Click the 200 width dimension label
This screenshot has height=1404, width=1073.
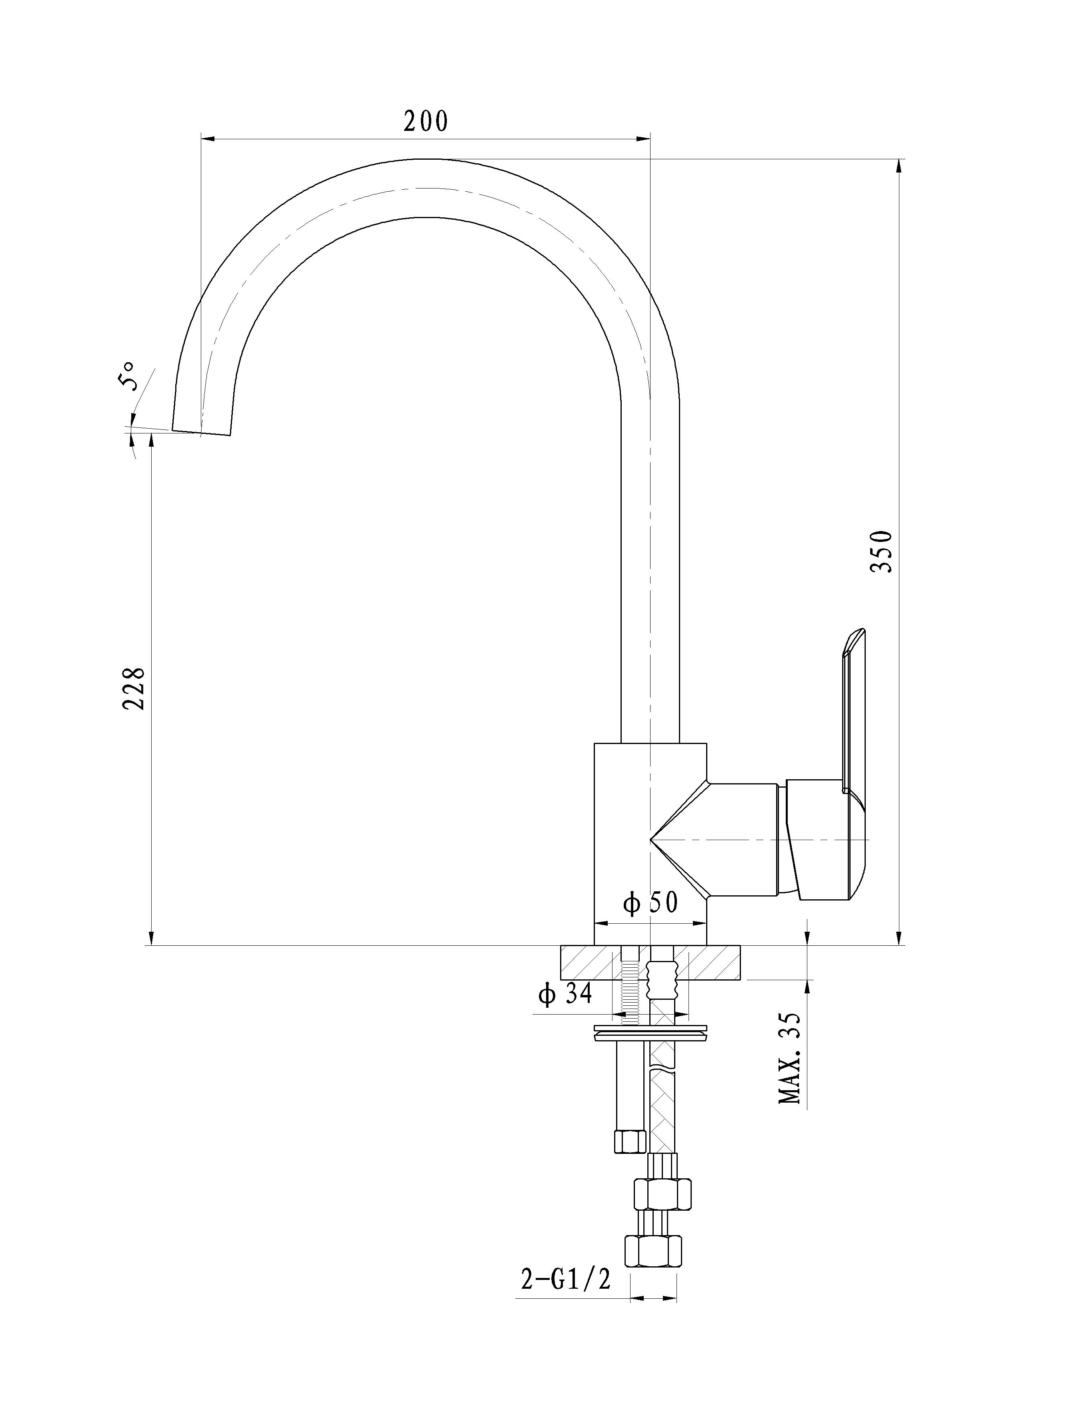click(426, 121)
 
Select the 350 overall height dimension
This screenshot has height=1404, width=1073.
click(883, 551)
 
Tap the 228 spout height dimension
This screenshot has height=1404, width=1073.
click(134, 688)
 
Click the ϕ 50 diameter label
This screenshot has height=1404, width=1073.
click(650, 903)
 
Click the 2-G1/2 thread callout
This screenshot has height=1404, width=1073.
click(566, 1279)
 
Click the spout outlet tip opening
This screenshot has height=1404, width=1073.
click(201, 432)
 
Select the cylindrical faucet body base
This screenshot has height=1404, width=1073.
click(650, 843)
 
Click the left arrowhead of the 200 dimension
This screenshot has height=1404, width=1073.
click(208, 138)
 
